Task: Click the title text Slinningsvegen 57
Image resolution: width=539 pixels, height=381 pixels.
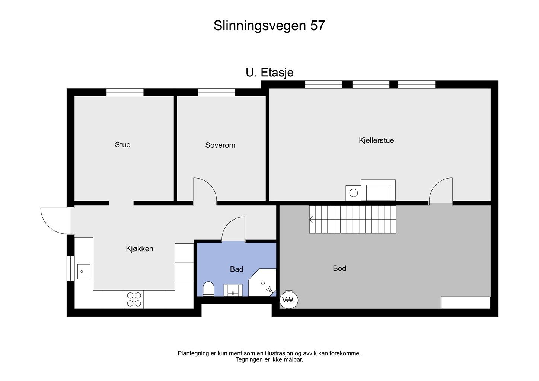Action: pyautogui.click(x=269, y=26)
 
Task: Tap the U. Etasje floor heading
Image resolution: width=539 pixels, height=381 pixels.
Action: pyautogui.click(x=269, y=72)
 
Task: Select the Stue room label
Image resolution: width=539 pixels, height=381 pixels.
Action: pyautogui.click(x=122, y=145)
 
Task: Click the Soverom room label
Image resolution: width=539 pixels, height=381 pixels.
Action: pyautogui.click(x=220, y=145)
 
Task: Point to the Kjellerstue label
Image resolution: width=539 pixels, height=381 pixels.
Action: pyautogui.click(x=376, y=140)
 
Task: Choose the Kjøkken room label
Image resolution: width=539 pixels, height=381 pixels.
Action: pyautogui.click(x=140, y=249)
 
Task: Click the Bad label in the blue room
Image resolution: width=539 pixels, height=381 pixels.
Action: pyautogui.click(x=236, y=269)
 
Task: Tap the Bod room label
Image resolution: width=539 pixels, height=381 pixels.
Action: pyautogui.click(x=339, y=268)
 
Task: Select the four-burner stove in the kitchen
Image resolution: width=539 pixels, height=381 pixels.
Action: pyautogui.click(x=134, y=300)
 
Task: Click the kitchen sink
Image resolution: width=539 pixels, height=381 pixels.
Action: pyautogui.click(x=84, y=272)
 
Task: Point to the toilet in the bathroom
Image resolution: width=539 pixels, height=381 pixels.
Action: pyautogui.click(x=208, y=289)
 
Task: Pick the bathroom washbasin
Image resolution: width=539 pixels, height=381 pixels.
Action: pyautogui.click(x=233, y=290)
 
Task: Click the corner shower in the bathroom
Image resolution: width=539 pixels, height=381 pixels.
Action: pyautogui.click(x=264, y=284)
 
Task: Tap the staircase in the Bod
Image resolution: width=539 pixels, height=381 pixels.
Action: pyautogui.click(x=353, y=219)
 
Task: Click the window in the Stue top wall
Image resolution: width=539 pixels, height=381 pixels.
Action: pyautogui.click(x=125, y=92)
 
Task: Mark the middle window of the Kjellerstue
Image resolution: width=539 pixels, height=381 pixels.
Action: pyautogui.click(x=371, y=84)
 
